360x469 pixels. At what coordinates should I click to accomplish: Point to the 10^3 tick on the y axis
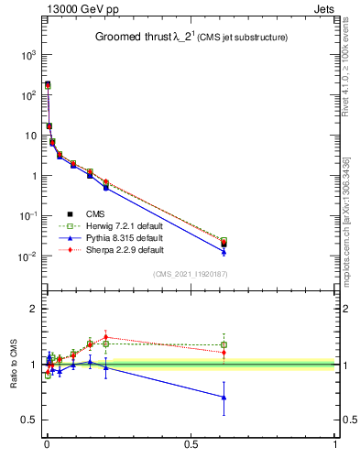coord(27,55)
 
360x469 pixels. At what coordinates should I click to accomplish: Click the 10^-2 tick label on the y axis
coord(27,256)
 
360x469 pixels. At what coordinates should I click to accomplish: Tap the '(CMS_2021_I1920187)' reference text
coord(189,274)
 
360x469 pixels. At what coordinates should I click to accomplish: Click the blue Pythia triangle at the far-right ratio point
coord(224,397)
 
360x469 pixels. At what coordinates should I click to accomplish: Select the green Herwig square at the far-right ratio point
coord(224,344)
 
